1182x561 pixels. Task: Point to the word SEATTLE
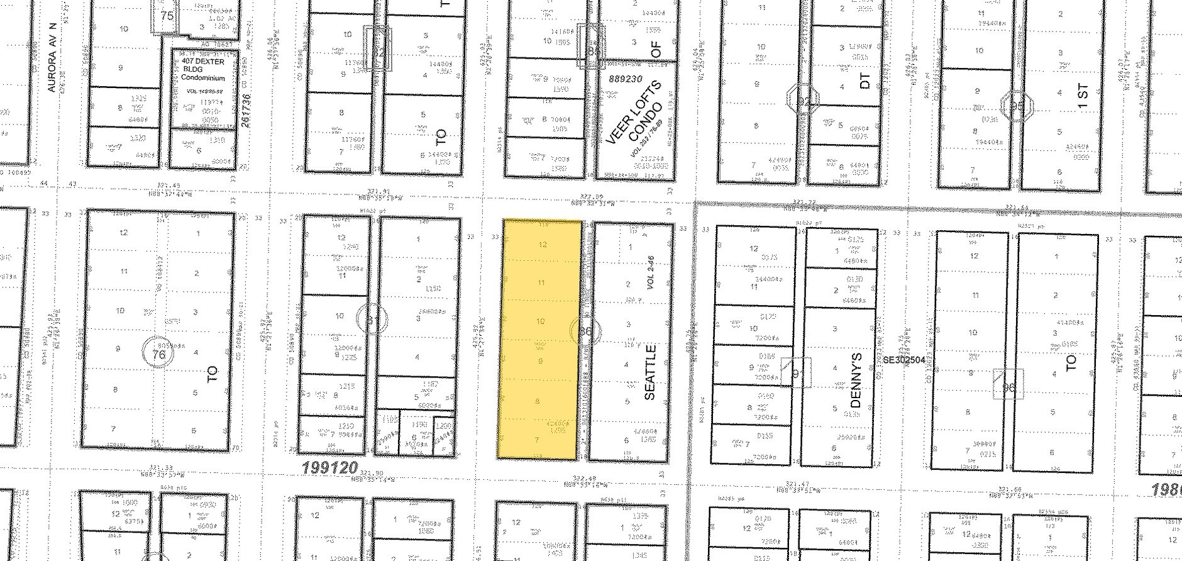(651, 372)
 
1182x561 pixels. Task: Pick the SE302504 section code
(908, 360)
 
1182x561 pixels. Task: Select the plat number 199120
(329, 468)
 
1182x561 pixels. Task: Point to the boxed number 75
(167, 16)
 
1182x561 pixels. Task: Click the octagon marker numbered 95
(1017, 106)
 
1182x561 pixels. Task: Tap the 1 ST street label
(1082, 96)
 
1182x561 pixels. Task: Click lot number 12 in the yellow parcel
(543, 245)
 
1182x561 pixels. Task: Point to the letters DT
(865, 81)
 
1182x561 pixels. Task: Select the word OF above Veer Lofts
(656, 50)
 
